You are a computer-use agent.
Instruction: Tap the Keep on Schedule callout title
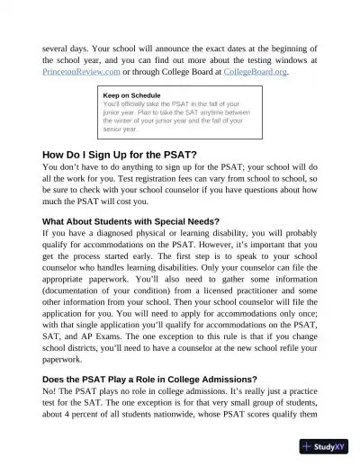point(131,94)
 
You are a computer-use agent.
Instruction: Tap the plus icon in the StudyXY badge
point(308,446)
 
